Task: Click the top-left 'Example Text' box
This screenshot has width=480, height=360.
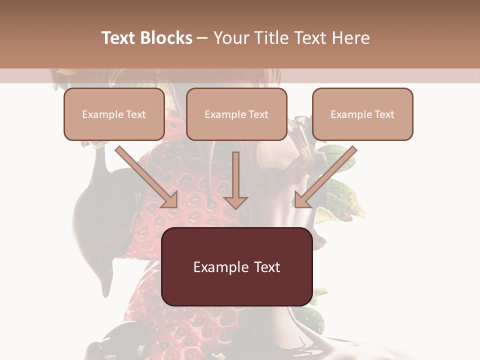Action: (x=114, y=114)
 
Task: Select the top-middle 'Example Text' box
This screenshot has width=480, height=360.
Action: (x=236, y=114)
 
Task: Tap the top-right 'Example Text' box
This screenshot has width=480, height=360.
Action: (x=362, y=114)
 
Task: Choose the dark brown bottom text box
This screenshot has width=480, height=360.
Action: (x=236, y=266)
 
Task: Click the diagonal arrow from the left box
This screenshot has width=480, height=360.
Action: (x=145, y=176)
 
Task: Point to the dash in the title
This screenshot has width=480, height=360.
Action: (x=202, y=38)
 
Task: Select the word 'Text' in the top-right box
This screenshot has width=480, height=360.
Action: (x=384, y=114)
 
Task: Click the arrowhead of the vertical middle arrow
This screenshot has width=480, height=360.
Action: (x=236, y=202)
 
